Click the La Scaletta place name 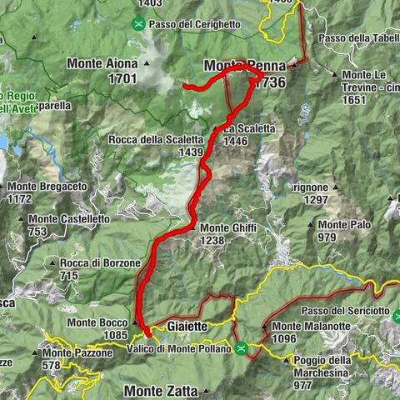pos(248,129)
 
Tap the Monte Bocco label pos(96,322)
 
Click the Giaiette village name pos(187,327)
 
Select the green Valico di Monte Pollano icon pos(242,348)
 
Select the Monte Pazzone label pos(77,353)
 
